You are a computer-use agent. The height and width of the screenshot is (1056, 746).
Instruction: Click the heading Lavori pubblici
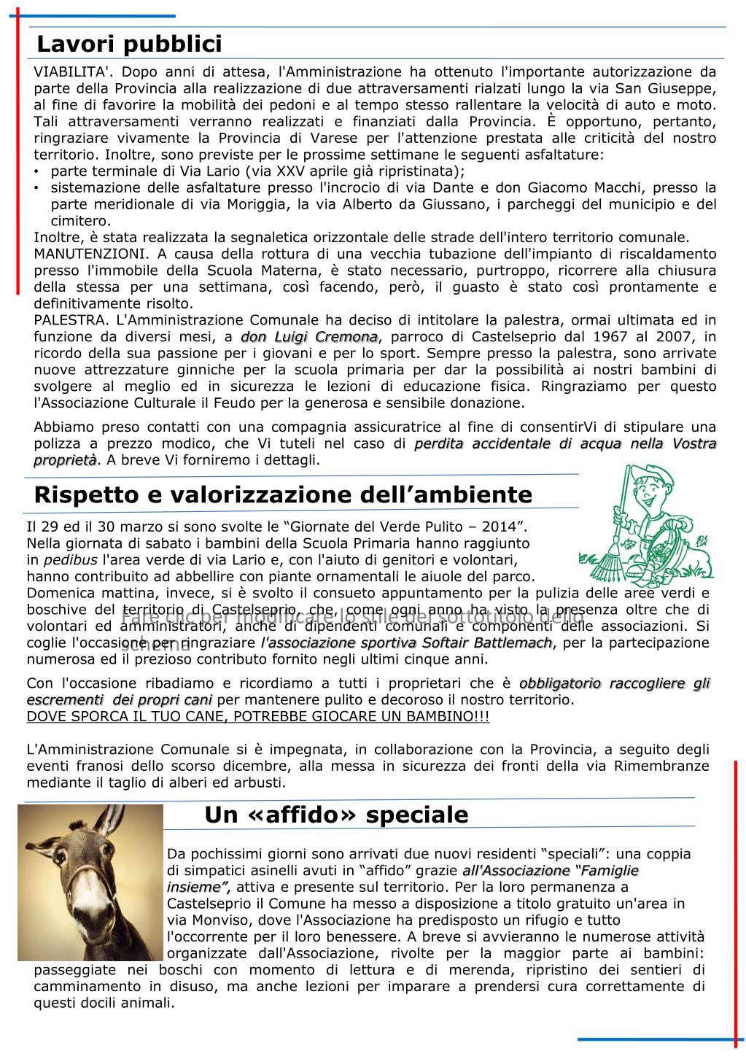pos(129,44)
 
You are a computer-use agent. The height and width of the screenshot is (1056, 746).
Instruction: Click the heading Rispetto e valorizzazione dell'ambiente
pos(283,494)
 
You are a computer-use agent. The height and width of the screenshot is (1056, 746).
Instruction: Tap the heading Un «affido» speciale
pos(336,814)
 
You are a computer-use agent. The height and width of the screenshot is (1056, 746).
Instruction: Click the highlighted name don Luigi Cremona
pos(309,337)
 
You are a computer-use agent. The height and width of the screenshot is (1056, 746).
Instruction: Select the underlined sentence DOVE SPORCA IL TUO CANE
pos(257,717)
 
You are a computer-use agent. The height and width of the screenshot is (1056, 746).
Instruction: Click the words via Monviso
pos(206,920)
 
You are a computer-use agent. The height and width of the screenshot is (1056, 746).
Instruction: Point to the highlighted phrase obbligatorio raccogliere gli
pos(614,683)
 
